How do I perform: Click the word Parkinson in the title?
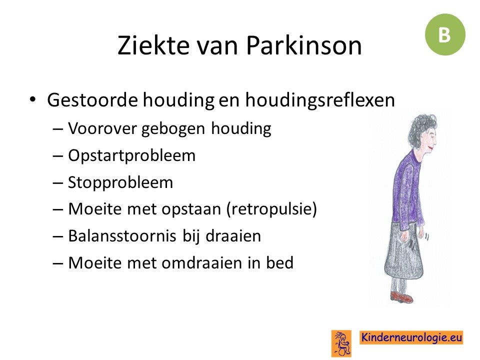coord(303,45)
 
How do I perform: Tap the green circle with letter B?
coord(445,34)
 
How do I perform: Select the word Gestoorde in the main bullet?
coord(92,100)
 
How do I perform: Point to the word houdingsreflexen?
coord(320,100)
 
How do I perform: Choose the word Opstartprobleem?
coord(131,156)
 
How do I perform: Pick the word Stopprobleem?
coord(120,183)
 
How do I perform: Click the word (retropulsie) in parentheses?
coord(272,209)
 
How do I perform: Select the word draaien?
coord(233,235)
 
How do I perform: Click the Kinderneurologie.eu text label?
coord(411,337)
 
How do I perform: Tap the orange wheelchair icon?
coord(341,343)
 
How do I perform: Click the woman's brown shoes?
coord(401,297)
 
